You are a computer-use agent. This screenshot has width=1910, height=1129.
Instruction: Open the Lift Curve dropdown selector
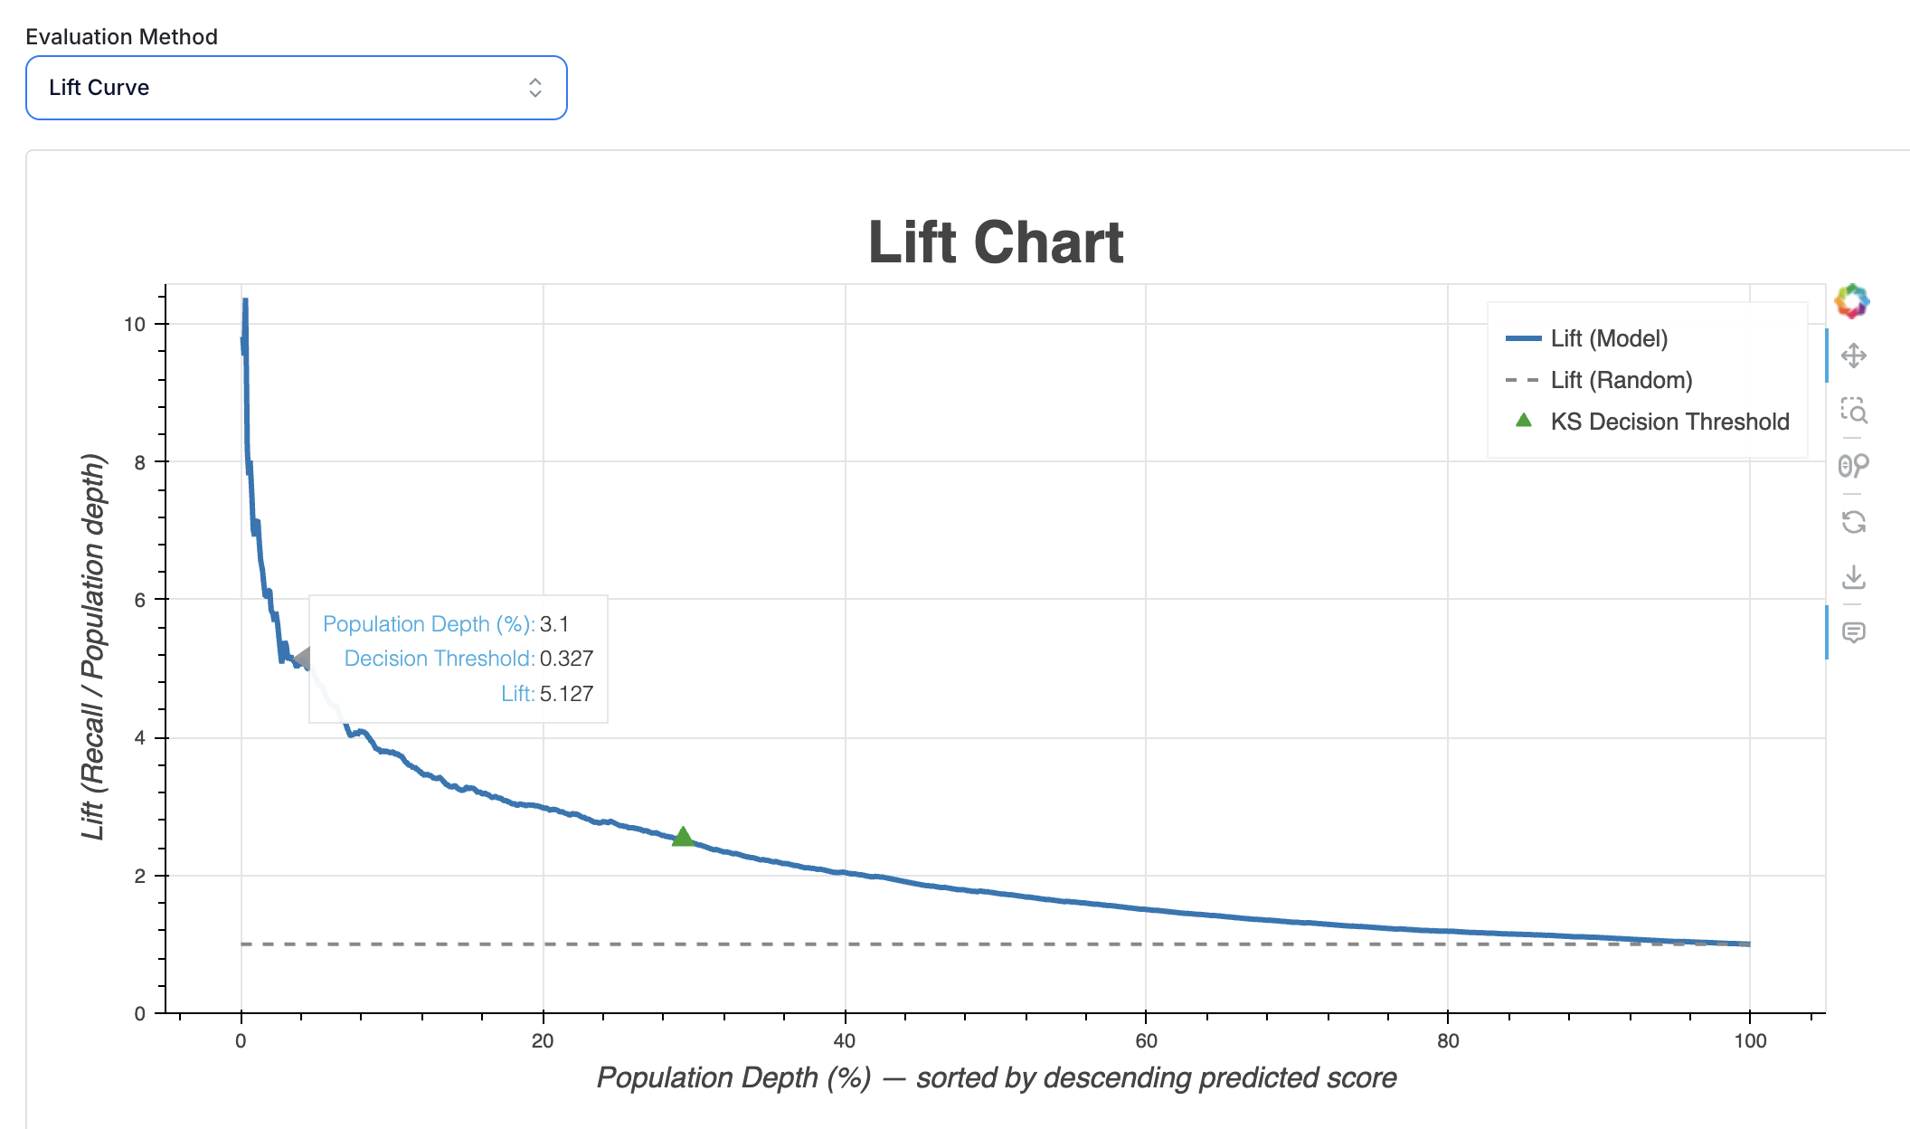tap(296, 88)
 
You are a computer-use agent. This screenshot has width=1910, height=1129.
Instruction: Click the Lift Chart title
tap(996, 242)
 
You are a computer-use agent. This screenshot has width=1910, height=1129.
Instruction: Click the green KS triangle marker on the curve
tap(683, 837)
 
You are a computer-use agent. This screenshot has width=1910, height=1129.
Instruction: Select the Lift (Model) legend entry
tap(1608, 338)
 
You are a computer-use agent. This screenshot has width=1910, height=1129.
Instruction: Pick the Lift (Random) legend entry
tap(1621, 380)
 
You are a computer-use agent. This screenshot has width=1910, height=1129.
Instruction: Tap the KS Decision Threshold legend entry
tap(1669, 422)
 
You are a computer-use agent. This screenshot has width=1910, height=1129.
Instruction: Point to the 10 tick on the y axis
tap(135, 324)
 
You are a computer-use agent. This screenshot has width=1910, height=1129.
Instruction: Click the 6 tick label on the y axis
tap(139, 600)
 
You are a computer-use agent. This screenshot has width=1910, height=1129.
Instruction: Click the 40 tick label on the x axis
tap(844, 1040)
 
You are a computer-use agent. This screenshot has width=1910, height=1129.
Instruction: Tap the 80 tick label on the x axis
tap(1447, 1040)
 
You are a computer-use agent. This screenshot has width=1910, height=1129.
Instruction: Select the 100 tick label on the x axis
tap(1749, 1040)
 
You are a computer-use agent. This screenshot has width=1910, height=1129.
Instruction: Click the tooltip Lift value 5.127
tap(566, 694)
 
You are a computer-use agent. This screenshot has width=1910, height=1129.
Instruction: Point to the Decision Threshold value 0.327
tap(566, 659)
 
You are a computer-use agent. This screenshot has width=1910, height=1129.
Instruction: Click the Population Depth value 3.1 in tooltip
tap(554, 624)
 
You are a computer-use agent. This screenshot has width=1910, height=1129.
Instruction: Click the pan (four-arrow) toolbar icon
tap(1853, 356)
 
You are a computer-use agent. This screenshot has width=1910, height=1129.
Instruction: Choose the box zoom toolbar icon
tap(1853, 411)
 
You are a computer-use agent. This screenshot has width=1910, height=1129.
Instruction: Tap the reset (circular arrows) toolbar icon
tap(1853, 522)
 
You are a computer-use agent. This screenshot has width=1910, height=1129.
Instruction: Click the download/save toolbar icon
tap(1853, 577)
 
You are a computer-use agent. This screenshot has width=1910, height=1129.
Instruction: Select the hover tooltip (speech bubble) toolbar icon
tap(1853, 632)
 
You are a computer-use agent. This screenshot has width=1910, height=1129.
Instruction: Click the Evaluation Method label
tap(121, 37)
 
